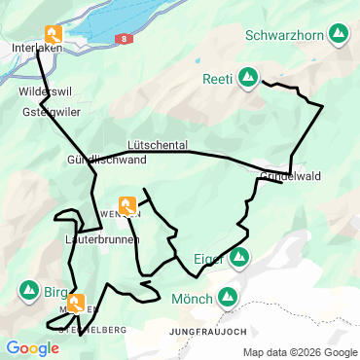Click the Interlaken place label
[37, 48]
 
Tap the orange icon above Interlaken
[52, 33]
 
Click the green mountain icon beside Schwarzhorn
[339, 34]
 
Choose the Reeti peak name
[217, 78]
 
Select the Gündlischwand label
[107, 160]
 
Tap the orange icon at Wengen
[127, 204]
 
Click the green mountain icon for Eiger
[239, 258]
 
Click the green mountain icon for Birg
[28, 290]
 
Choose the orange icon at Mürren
[74, 302]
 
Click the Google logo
[32, 347]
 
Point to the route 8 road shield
[125, 37]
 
